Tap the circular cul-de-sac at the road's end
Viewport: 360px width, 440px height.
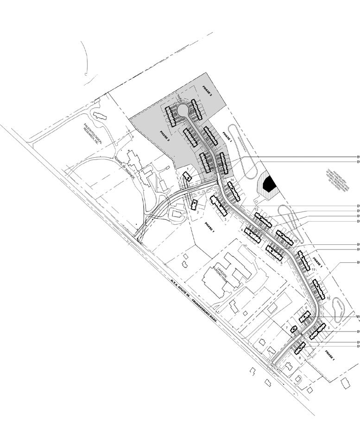pos(183,110)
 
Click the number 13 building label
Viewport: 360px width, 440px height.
pos(256,210)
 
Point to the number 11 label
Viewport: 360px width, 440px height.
pos(314,270)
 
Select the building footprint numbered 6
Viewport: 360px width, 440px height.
pos(305,317)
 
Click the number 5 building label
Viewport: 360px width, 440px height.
pos(281,263)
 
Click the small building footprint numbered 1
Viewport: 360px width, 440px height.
pos(187,177)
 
